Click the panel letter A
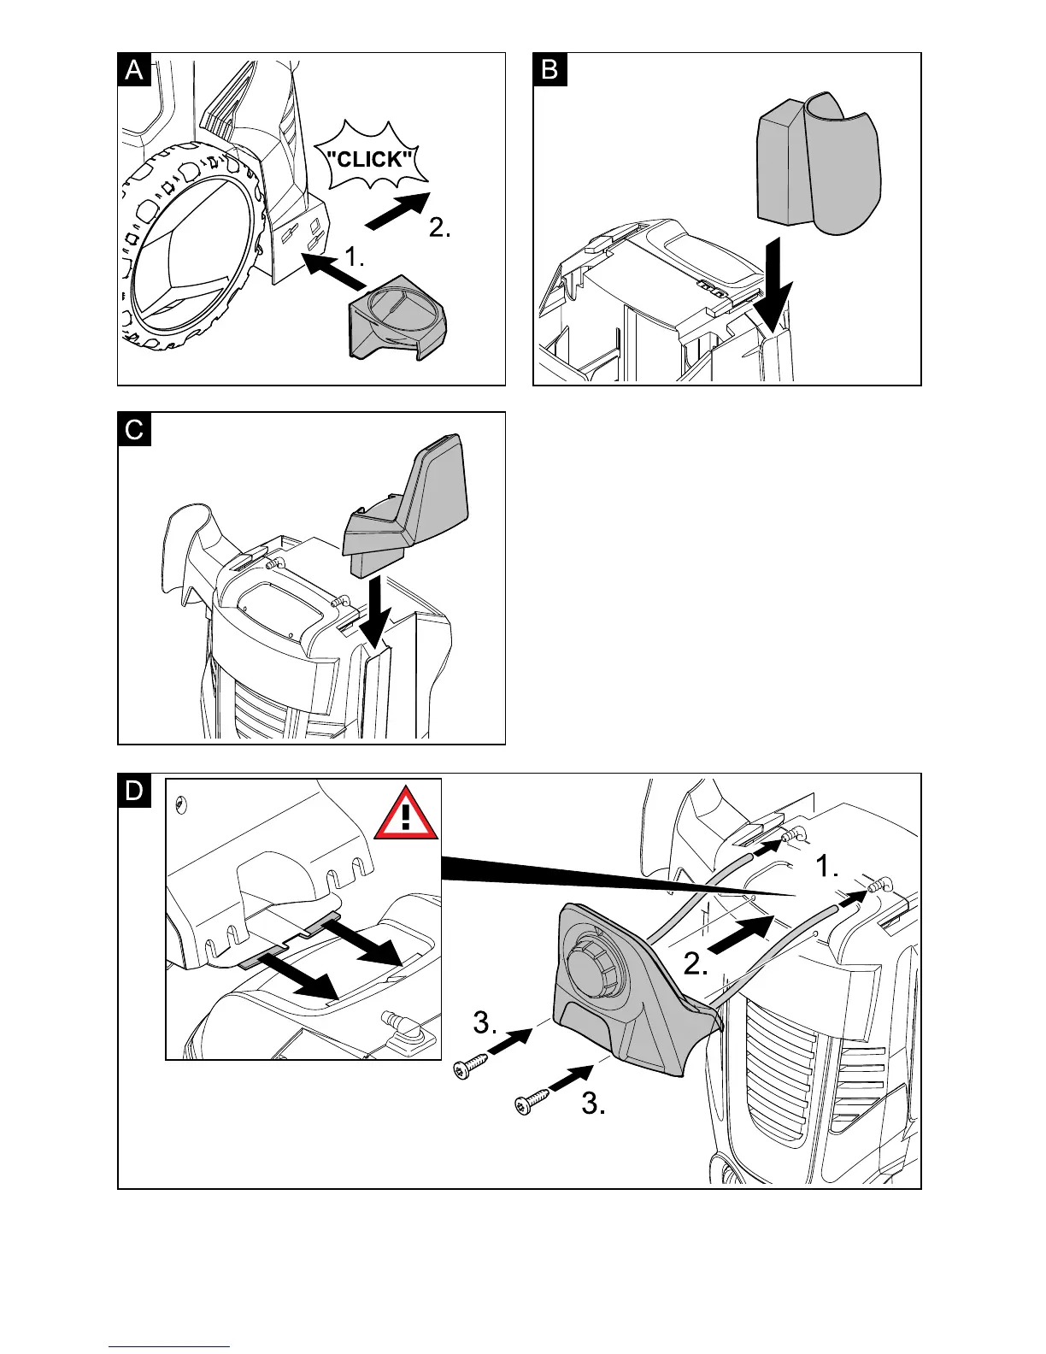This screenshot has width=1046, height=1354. pyautogui.click(x=134, y=69)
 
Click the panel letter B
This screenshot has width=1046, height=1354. pyautogui.click(x=549, y=69)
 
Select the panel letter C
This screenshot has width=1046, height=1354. pyautogui.click(x=134, y=429)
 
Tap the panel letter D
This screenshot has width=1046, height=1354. pyautogui.click(x=134, y=791)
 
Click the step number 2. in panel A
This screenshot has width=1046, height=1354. pyautogui.click(x=439, y=228)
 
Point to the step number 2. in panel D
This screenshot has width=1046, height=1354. pyautogui.click(x=696, y=965)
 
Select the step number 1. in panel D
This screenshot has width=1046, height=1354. pyautogui.click(x=827, y=867)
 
